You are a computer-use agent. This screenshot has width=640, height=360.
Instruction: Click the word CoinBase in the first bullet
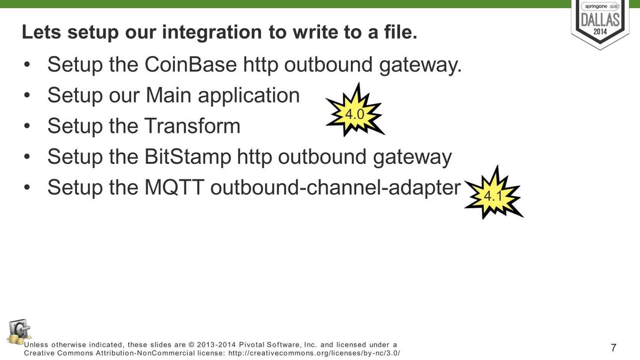pyautogui.click(x=191, y=65)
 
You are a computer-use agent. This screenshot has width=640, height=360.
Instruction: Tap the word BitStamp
pyautogui.click(x=188, y=157)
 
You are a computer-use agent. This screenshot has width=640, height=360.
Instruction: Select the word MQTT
pyautogui.click(x=174, y=187)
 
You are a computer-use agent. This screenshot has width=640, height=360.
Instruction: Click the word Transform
pyautogui.click(x=192, y=126)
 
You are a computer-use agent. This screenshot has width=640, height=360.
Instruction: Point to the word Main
pyautogui.click(x=168, y=95)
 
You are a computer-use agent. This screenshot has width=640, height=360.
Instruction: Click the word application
pyautogui.click(x=248, y=96)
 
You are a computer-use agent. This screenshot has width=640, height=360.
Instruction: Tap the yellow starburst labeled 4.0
pyautogui.click(x=355, y=110)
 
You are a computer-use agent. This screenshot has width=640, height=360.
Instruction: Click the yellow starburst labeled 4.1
pyautogui.click(x=493, y=193)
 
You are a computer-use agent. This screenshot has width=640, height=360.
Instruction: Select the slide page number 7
pyautogui.click(x=614, y=348)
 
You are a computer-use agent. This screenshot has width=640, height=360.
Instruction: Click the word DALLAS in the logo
pyautogui.click(x=600, y=20)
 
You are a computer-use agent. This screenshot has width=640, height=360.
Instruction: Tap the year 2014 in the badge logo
pyautogui.click(x=600, y=31)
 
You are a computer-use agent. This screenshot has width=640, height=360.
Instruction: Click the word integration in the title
pyautogui.click(x=212, y=32)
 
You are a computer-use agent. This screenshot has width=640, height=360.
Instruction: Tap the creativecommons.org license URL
pyautogui.click(x=314, y=353)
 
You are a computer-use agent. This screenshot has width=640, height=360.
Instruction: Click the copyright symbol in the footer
pyautogui.click(x=191, y=345)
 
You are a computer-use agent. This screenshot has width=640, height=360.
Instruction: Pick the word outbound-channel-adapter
pyautogui.click(x=335, y=188)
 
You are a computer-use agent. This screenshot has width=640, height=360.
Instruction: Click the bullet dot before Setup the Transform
pyautogui.click(x=27, y=126)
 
